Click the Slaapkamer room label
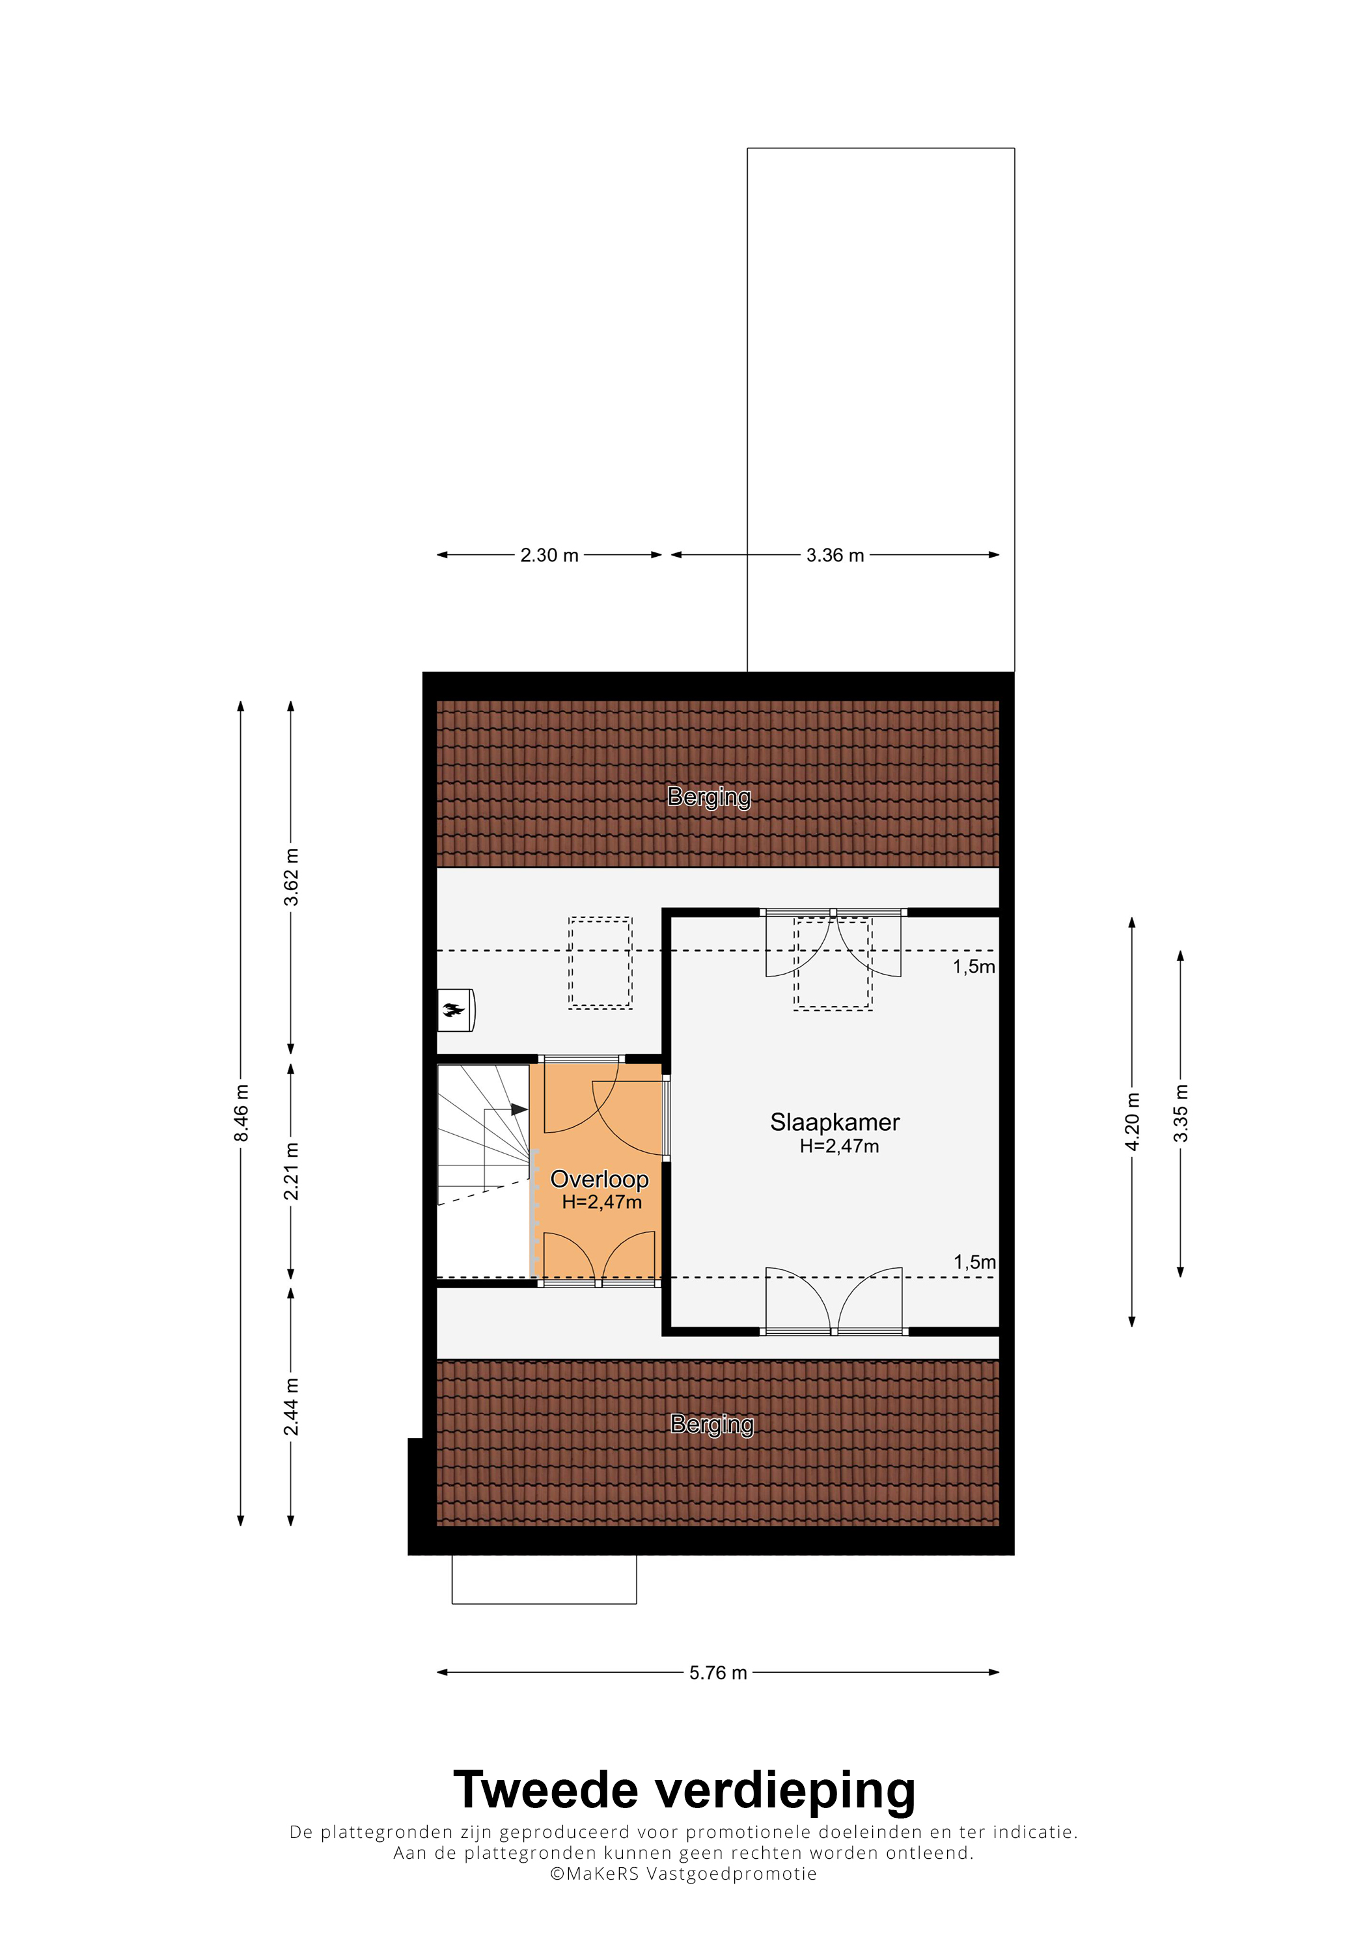pos(835,1122)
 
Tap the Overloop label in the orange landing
pos(600,1180)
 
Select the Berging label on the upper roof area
pos(709,796)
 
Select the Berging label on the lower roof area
pos(711,1424)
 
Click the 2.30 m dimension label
pos(549,556)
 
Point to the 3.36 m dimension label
pos(835,556)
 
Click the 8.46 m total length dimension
pos(241,1113)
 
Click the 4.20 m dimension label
pos(1133,1122)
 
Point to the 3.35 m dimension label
pos(1181,1113)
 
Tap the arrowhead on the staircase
pos(519,1109)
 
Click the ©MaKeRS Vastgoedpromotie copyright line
pos(683,1873)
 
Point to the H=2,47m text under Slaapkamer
pos(839,1146)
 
